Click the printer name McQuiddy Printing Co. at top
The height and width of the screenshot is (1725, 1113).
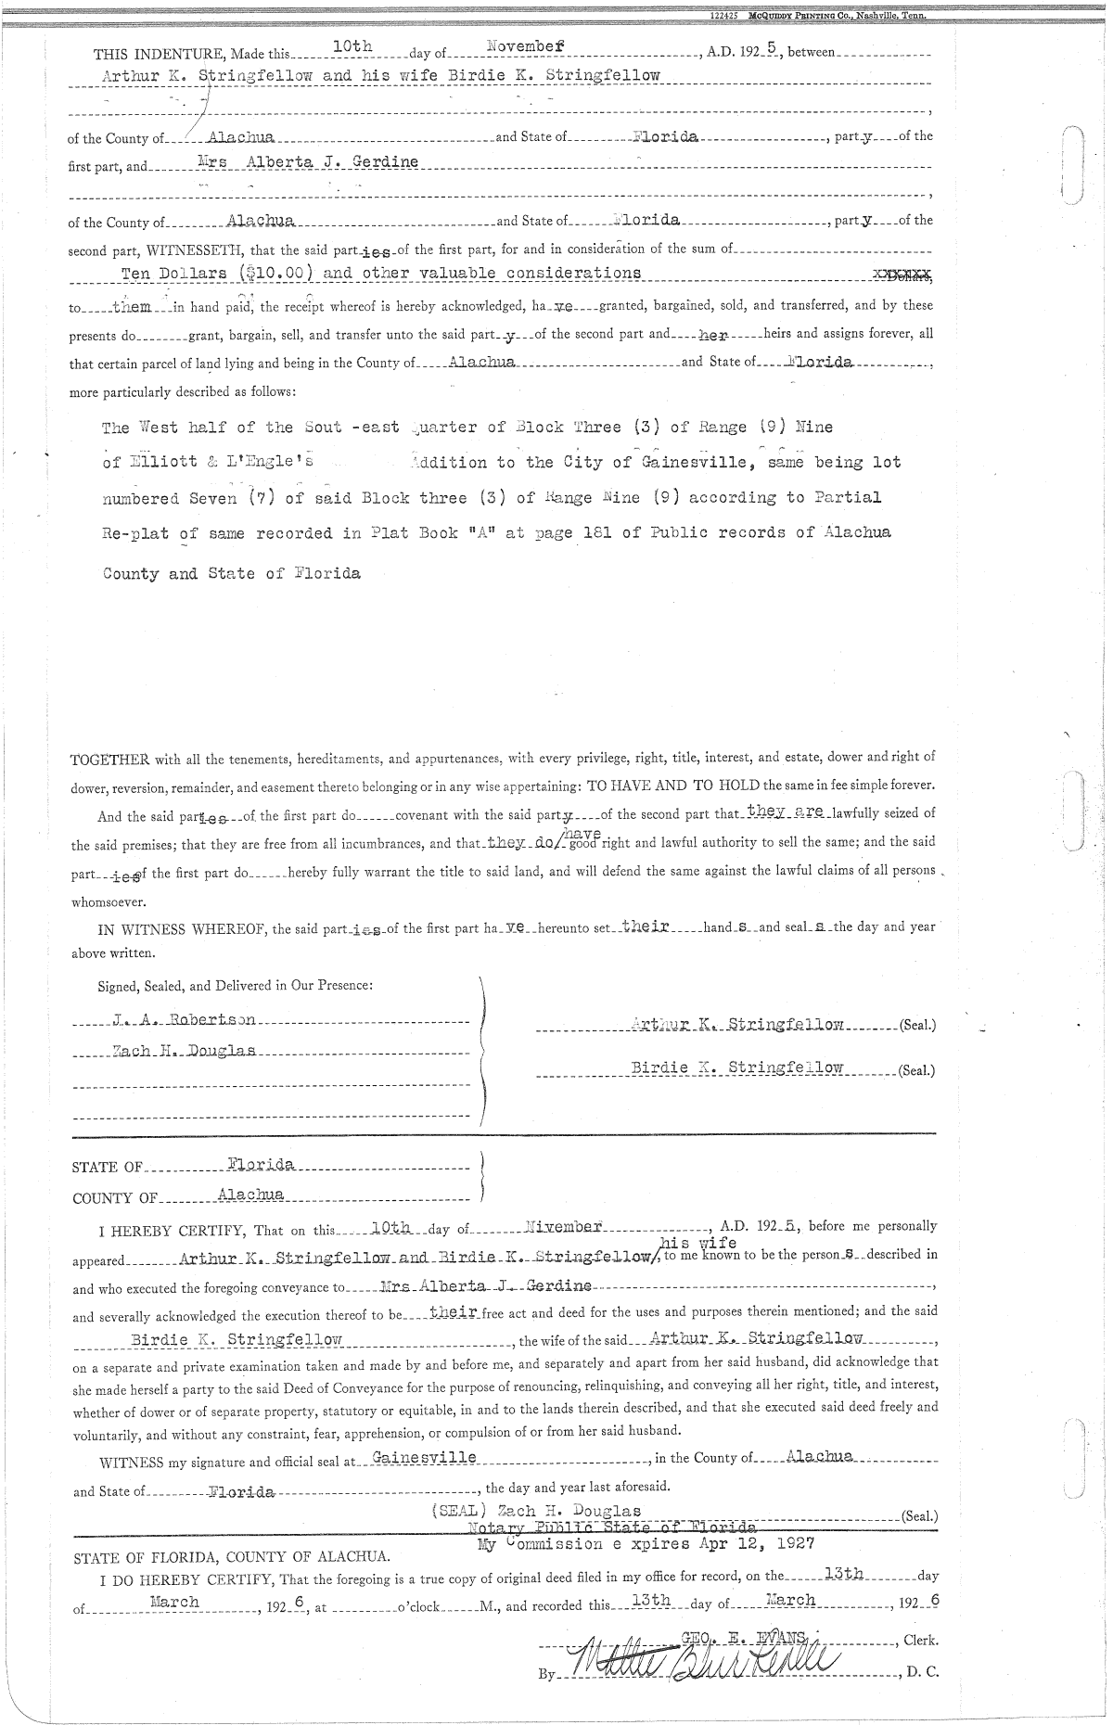pyautogui.click(x=817, y=16)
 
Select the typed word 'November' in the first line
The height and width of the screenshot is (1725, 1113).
pyautogui.click(x=527, y=45)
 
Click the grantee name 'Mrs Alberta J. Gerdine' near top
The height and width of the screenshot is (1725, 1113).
pyautogui.click(x=308, y=161)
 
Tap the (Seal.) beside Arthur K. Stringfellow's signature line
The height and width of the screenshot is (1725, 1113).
pyautogui.click(x=916, y=1026)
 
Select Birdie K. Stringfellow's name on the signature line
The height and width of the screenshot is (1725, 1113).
pyautogui.click(x=736, y=1067)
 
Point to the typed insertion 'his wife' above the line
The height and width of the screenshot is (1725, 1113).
pyautogui.click(x=697, y=1242)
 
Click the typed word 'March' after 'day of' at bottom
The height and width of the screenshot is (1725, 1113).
pyautogui.click(x=790, y=1600)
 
